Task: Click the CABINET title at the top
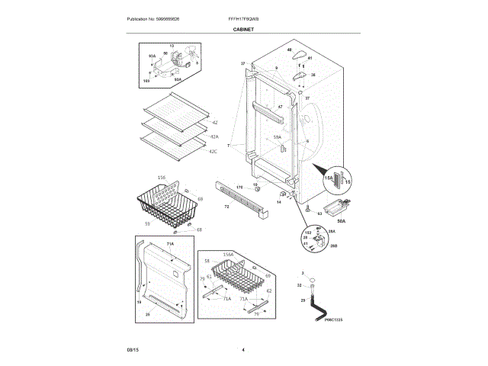pyautogui.click(x=243, y=29)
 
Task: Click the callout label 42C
pyautogui.click(x=214, y=152)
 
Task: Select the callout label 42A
pyautogui.click(x=214, y=137)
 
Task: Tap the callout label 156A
pyautogui.click(x=227, y=254)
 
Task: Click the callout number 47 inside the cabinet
pyautogui.click(x=280, y=106)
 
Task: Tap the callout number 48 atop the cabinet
pyautogui.click(x=290, y=50)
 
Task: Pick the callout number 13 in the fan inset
pyautogui.click(x=172, y=47)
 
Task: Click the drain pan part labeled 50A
pyautogui.click(x=334, y=206)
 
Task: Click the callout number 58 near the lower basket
pyautogui.click(x=206, y=261)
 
